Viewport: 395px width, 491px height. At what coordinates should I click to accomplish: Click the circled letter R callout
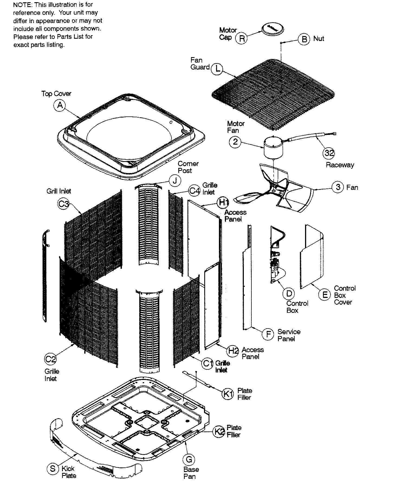(242, 38)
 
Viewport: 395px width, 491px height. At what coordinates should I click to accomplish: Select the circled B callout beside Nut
(304, 39)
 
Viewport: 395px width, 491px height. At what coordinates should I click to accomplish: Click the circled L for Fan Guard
(217, 69)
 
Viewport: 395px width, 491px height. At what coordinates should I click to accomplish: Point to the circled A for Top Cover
(60, 105)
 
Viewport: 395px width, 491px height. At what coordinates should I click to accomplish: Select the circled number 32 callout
(329, 153)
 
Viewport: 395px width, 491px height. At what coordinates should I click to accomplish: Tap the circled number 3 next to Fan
(338, 187)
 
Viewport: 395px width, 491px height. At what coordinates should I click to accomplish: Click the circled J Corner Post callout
(175, 180)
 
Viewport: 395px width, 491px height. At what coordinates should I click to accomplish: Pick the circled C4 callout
(195, 191)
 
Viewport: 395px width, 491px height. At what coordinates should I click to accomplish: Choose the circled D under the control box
(289, 293)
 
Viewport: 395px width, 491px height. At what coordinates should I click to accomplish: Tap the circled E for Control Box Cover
(325, 294)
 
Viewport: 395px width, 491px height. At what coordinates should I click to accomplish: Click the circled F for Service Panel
(268, 334)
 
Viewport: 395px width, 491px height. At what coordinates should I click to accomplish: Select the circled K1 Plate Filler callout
(228, 394)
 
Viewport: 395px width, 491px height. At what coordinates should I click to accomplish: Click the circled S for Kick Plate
(53, 469)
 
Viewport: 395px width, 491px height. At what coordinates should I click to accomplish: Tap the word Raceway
(340, 165)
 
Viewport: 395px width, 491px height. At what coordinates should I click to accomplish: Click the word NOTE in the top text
(22, 5)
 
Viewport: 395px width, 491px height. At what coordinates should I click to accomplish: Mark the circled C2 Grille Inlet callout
(50, 359)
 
